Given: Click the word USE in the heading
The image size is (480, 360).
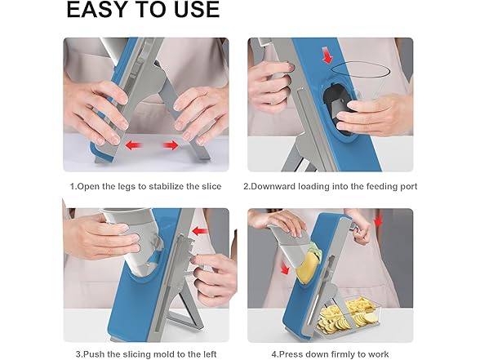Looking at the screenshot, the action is (x=198, y=9).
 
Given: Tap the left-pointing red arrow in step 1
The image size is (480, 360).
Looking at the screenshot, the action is (x=135, y=144).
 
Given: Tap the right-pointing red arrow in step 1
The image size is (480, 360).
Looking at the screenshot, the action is (x=171, y=144).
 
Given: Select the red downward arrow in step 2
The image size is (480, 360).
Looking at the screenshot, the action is (x=327, y=56).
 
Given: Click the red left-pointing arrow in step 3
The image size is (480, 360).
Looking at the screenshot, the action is (x=200, y=231).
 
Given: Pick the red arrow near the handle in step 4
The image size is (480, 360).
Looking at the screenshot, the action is (x=379, y=221).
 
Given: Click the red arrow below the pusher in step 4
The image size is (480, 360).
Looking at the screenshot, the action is (x=285, y=268).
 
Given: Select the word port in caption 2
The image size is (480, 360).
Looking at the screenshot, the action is (x=408, y=187).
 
